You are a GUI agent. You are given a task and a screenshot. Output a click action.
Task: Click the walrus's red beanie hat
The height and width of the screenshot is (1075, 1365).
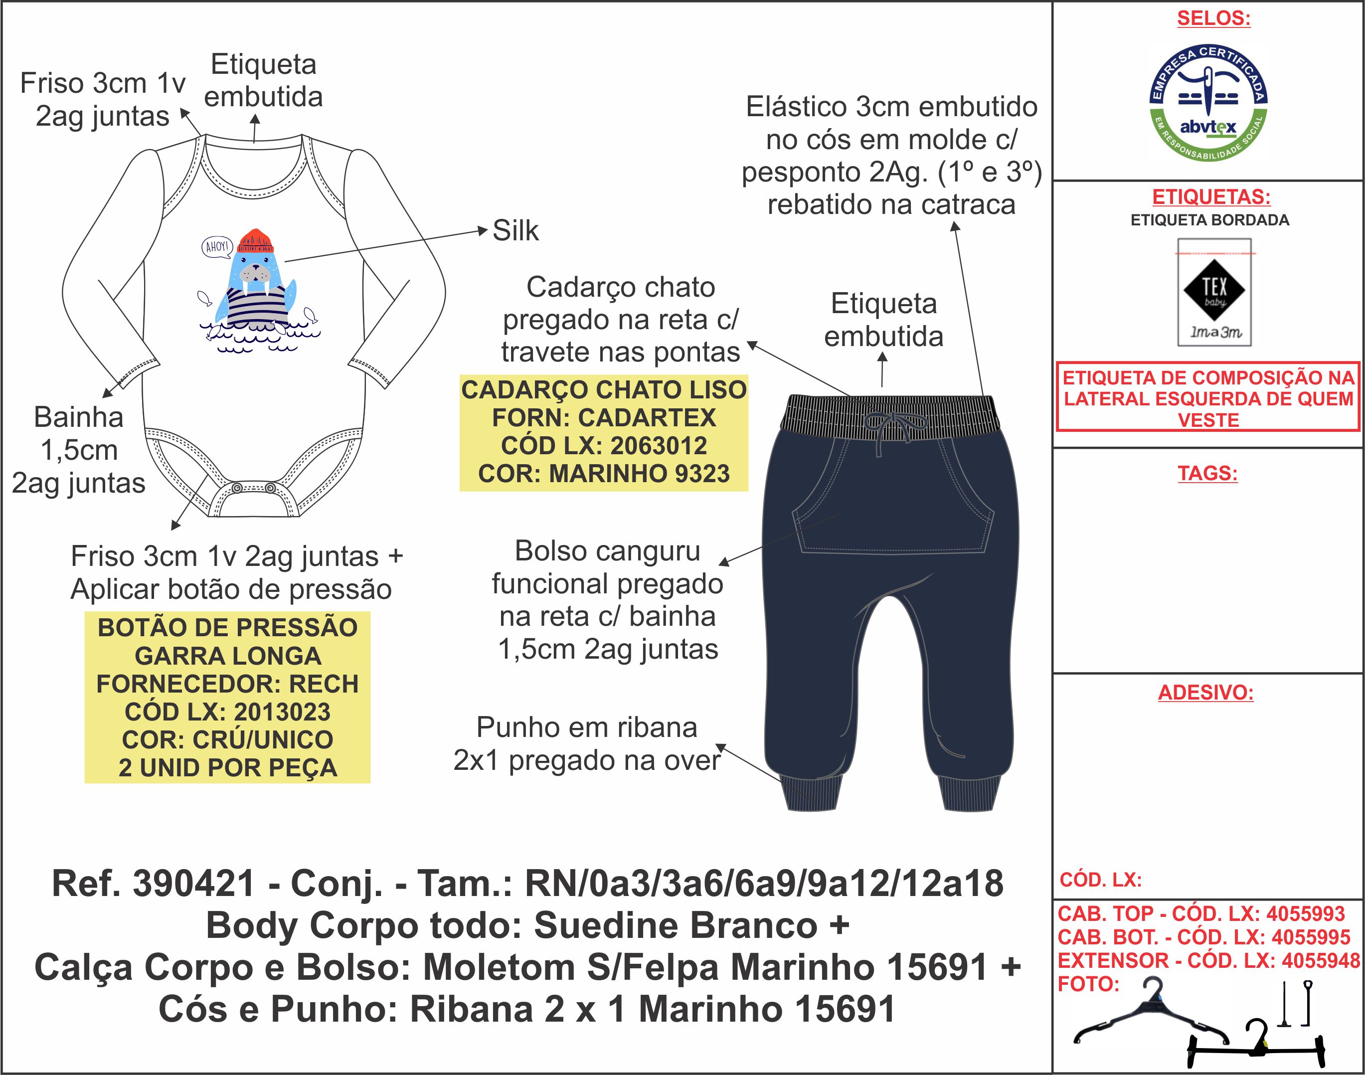[257, 240]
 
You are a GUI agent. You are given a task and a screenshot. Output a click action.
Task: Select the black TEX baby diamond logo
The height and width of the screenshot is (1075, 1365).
[1214, 290]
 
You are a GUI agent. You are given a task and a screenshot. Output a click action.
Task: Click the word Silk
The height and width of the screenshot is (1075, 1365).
[515, 230]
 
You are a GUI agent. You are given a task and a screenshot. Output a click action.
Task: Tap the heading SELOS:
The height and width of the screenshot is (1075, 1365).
[1213, 18]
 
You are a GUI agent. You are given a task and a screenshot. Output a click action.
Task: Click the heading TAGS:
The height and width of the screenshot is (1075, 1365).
[1207, 473]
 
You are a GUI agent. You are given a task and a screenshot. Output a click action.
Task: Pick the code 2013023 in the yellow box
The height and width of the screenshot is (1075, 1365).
[282, 712]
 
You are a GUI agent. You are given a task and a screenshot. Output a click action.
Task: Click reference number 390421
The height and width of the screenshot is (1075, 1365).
[193, 883]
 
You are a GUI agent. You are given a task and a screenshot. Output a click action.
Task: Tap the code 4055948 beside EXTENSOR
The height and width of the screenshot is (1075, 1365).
[1320, 960]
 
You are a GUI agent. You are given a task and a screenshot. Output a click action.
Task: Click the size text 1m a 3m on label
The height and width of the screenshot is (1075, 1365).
[1215, 332]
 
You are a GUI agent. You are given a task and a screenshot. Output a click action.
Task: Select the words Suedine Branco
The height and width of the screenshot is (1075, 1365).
[675, 925]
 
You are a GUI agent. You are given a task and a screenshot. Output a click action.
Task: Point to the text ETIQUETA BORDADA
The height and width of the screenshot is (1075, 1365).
[1209, 220]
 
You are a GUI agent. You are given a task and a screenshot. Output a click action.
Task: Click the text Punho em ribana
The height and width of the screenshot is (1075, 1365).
[586, 727]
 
